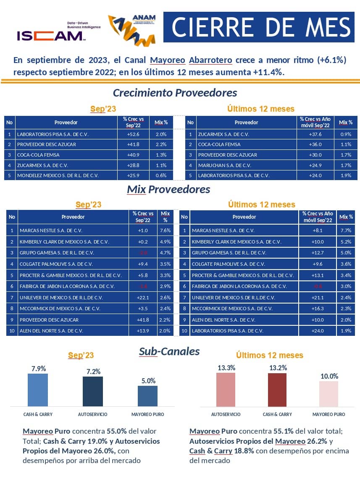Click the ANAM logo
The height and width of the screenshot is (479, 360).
[132, 29]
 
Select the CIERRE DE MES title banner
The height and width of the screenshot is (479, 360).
[260, 27]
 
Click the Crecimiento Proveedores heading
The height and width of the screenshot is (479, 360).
[175, 93]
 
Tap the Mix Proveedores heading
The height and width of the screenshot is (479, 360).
[168, 189]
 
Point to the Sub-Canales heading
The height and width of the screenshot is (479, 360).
[169, 351]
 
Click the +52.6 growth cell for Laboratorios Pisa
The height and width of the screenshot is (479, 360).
[133, 134]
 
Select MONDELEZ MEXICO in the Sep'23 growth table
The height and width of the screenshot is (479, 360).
[58, 175]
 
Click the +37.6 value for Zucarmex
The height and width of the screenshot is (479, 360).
[315, 134]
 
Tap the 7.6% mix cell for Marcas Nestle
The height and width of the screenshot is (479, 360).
[165, 230]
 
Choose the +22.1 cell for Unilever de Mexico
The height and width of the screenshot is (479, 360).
[143, 297]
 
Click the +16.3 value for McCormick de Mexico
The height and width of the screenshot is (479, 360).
[318, 309]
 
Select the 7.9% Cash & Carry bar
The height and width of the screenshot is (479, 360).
[38, 390]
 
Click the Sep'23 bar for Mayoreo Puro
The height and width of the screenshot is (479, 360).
[147, 396]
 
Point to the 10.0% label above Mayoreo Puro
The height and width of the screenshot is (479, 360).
[329, 376]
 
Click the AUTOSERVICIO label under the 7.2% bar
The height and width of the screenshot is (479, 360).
[92, 414]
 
